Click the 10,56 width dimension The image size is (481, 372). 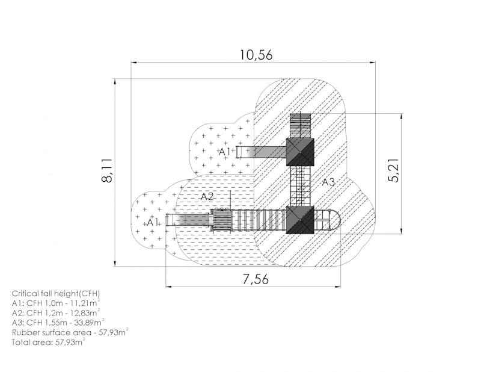coord(256,55)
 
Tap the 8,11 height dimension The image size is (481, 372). coord(107,171)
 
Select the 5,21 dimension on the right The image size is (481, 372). coord(394,171)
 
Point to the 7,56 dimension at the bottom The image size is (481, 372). coord(256,279)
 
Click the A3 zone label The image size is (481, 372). coord(328,182)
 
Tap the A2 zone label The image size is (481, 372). coord(207,197)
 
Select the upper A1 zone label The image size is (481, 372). coord(224,152)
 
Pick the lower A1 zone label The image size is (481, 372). coord(153,222)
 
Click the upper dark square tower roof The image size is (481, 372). coord(300,152)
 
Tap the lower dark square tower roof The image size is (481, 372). coord(300,220)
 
